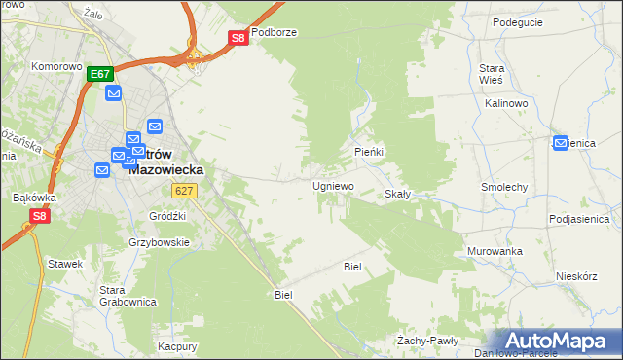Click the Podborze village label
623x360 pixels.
pos(274,32)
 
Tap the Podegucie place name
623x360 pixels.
pos(519,22)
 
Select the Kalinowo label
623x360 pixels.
pos(505,102)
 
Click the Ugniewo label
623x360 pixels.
pos(333,185)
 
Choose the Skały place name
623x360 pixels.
pos(398,194)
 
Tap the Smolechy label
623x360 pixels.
pos(504,186)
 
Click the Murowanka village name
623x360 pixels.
pos(495,251)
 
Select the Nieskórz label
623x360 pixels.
pos(576,276)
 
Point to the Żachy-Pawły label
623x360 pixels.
pos(427,341)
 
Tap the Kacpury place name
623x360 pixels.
pos(178,346)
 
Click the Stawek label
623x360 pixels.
pos(63,263)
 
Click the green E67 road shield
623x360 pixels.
pos(100,73)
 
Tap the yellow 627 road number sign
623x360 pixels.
pos(188,192)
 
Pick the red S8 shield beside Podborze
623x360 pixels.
pos(238,38)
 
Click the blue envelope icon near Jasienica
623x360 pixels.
pos(560,142)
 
